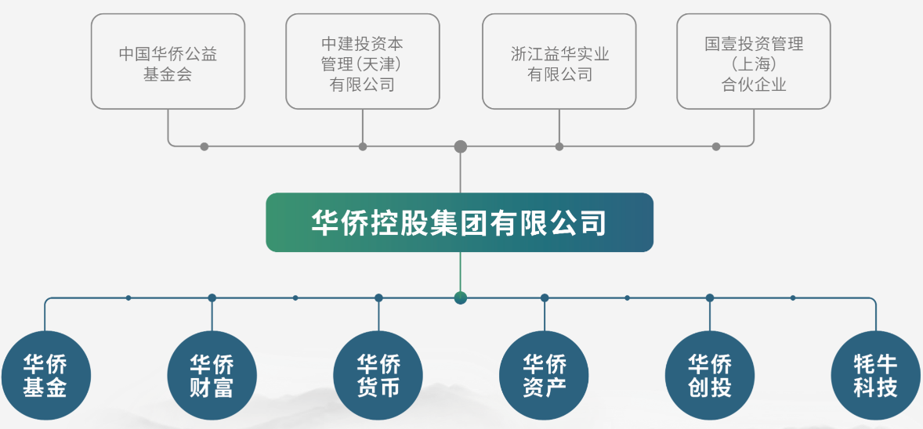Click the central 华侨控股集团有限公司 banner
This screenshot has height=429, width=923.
click(459, 222)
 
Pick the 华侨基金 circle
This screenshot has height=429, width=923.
click(45, 375)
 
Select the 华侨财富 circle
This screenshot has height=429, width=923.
click(212, 375)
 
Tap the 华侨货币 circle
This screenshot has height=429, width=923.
click(378, 375)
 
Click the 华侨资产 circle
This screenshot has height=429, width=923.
click(545, 375)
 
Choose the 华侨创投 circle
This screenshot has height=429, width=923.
click(710, 375)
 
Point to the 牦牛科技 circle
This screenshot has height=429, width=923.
click(876, 375)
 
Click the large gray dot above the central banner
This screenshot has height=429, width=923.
click(461, 146)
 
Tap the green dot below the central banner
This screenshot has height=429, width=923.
click(461, 297)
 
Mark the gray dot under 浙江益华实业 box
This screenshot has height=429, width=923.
click(559, 146)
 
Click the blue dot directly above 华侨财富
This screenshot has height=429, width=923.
click(212, 297)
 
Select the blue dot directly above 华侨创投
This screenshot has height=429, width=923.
click(710, 297)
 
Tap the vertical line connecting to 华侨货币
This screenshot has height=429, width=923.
click(378, 315)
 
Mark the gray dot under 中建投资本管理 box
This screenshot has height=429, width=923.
click(363, 146)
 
